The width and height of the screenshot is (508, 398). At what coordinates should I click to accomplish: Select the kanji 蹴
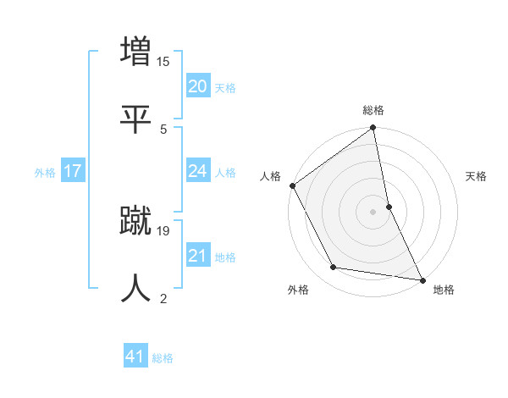click(x=136, y=219)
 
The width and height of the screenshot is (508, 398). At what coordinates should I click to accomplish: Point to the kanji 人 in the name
click(x=136, y=288)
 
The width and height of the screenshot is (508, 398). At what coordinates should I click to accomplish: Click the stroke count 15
click(x=163, y=62)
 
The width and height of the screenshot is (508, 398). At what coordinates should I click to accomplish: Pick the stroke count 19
click(x=163, y=230)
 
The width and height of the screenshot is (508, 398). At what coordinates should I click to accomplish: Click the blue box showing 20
click(x=197, y=86)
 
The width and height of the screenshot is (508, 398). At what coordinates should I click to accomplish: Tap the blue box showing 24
click(x=197, y=171)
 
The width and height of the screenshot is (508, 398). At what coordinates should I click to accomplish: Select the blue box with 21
click(x=197, y=256)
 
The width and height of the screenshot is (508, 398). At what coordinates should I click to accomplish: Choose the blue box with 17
click(x=72, y=171)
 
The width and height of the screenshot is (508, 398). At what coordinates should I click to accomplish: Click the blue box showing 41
click(x=135, y=357)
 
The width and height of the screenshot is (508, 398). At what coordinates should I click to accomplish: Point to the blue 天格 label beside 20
click(x=225, y=88)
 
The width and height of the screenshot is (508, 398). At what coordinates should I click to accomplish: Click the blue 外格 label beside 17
click(x=45, y=173)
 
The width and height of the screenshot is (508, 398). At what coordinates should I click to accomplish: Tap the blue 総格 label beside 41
click(x=163, y=358)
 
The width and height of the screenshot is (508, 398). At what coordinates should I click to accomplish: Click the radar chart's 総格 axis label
click(x=373, y=110)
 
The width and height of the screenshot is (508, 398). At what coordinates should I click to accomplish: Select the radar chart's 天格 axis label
click(x=477, y=176)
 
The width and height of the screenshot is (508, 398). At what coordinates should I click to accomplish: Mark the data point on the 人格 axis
click(x=293, y=185)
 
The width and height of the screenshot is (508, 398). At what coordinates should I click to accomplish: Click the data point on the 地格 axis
click(x=422, y=279)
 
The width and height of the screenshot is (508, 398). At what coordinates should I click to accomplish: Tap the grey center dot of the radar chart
click(x=373, y=212)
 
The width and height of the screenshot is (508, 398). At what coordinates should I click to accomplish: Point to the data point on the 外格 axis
click(x=334, y=268)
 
